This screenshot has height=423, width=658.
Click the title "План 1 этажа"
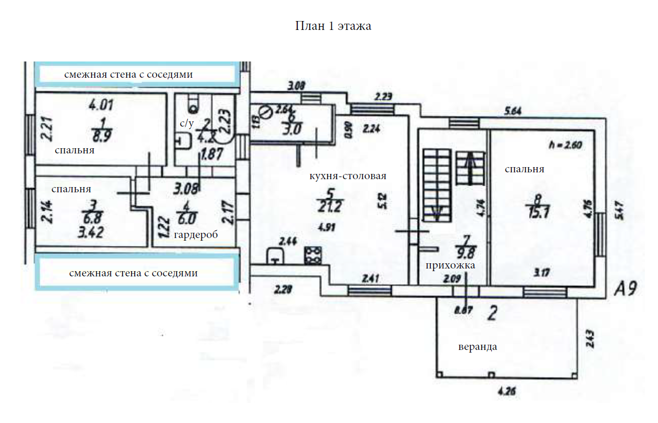tap(333, 26)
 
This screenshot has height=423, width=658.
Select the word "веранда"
tap(478, 347)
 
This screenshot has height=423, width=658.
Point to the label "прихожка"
tap(450, 265)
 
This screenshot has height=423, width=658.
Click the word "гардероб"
tap(196, 235)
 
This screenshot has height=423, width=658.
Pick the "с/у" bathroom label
tap(186, 123)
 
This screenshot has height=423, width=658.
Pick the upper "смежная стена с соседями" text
tap(128, 75)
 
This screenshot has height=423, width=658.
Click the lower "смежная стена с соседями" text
tap(134, 273)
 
